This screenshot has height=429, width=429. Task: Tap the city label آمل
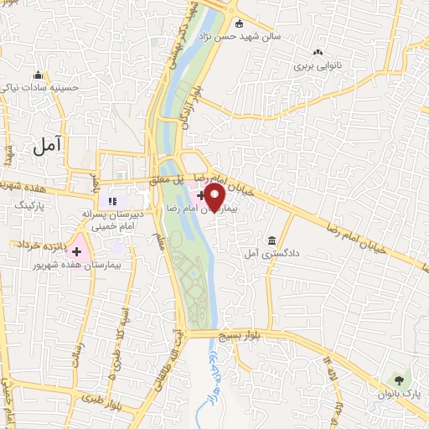(x=49, y=149)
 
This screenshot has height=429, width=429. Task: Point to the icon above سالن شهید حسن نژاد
(x=240, y=23)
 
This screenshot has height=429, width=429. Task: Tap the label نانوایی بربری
(x=318, y=64)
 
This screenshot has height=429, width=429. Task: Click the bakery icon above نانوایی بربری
(x=318, y=51)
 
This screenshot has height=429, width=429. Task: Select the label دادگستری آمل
(x=271, y=251)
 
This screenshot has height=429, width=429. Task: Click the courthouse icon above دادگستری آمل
(x=271, y=239)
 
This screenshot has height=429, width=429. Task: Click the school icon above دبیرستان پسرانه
(x=112, y=200)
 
